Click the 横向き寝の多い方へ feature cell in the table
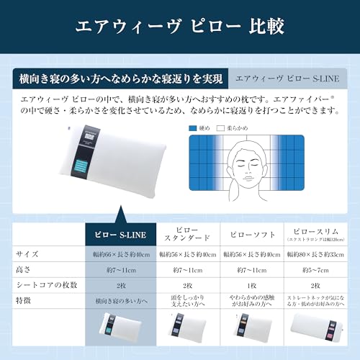tap(120, 303)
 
